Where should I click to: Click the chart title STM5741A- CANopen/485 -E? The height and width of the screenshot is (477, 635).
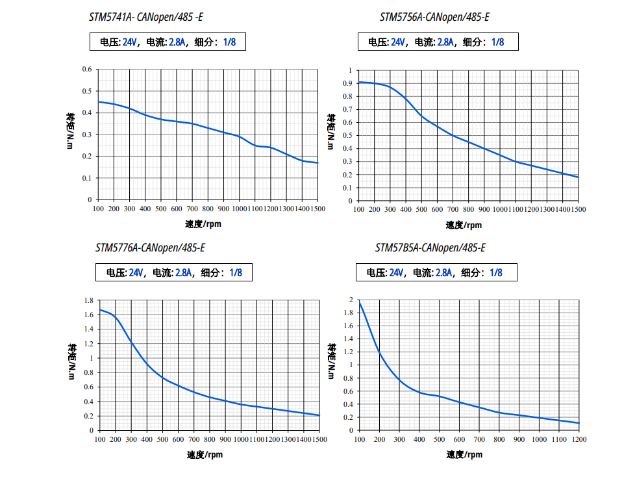pos(149,17)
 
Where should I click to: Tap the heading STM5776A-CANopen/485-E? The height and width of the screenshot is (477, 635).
pos(150,248)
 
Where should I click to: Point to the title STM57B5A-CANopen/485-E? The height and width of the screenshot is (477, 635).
pos(430,248)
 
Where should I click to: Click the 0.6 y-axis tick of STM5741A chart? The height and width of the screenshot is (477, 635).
pos(86,69)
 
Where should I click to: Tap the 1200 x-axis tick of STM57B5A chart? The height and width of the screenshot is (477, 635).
pos(579,439)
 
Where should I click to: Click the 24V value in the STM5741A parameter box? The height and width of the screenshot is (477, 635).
pos(130,42)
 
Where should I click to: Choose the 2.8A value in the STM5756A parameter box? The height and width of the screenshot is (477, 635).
pos(445,42)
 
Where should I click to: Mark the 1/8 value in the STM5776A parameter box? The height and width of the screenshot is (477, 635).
pos(235,273)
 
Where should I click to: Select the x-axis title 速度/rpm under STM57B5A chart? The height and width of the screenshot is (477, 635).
pos(464,454)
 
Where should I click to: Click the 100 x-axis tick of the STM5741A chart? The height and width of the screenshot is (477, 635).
pos(98,209)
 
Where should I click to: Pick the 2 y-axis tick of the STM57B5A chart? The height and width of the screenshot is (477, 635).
pos(351,300)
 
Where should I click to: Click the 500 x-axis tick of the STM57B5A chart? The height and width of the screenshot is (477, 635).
pos(439,439)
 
